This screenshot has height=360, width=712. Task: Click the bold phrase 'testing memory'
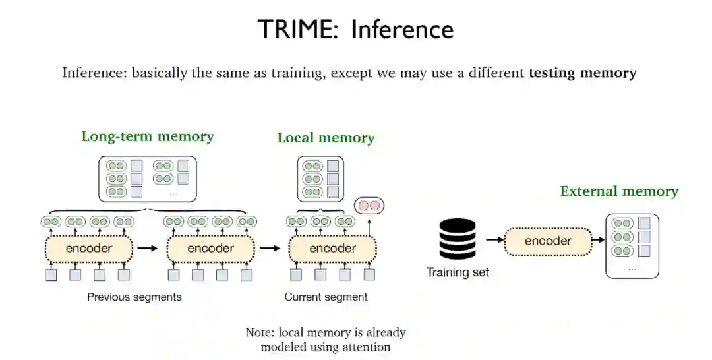[x=582, y=73]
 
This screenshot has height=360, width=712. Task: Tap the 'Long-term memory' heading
[x=148, y=136]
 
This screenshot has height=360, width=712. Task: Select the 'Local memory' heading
[x=326, y=138]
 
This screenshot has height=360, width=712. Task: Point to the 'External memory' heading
[x=619, y=191]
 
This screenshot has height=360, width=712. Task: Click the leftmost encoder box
[x=89, y=249]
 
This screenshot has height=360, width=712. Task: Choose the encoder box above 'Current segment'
[x=332, y=249]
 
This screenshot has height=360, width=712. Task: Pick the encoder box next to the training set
[x=548, y=241]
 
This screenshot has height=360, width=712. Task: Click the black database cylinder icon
[x=458, y=239]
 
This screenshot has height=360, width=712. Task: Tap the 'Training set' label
[x=458, y=272]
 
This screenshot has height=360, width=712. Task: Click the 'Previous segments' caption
[x=134, y=297]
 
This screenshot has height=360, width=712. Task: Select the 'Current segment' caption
[x=326, y=297]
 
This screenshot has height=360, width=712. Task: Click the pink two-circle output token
[x=369, y=205]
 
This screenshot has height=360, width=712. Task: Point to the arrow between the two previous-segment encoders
[x=149, y=249]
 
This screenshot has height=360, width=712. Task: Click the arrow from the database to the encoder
[x=493, y=241]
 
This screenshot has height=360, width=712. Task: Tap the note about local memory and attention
[x=326, y=339]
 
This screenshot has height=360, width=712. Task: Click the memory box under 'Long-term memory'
[x=148, y=178]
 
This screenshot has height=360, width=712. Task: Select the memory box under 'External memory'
[x=632, y=245]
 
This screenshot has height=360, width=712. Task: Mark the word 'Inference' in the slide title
[x=402, y=30]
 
